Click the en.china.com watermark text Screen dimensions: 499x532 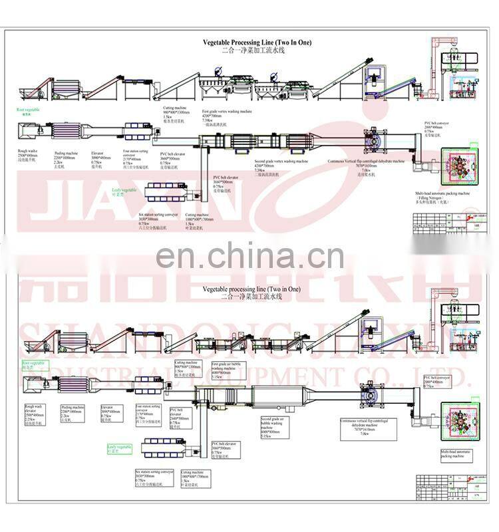[249, 255]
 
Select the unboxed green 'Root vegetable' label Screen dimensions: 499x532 [29, 108]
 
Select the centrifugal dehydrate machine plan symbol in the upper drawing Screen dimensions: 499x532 [376, 140]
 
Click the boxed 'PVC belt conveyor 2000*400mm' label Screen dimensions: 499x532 [437, 380]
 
